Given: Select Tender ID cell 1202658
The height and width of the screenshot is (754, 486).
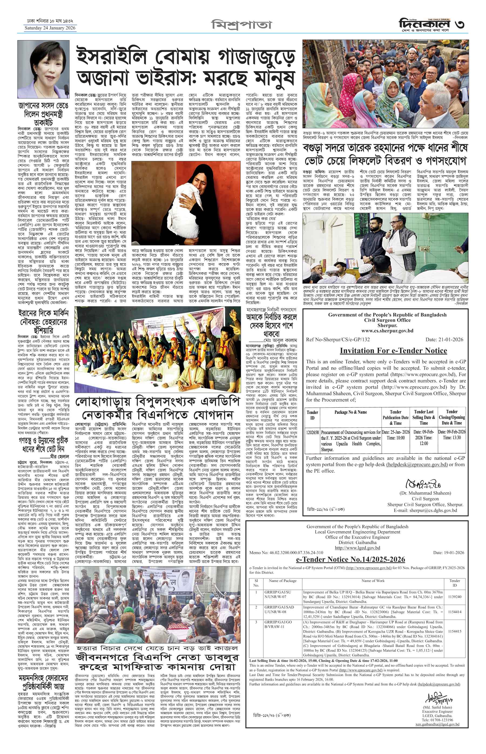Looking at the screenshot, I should point(312,432).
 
